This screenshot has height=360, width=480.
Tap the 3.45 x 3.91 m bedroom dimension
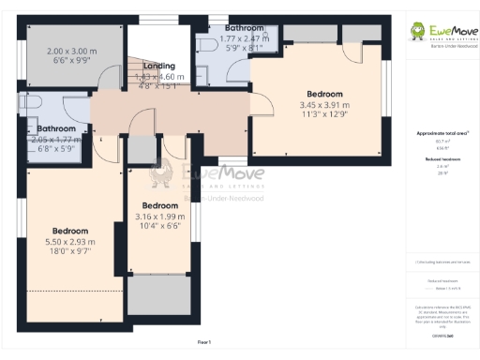[324, 105]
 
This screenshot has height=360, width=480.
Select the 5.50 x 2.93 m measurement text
[70, 241]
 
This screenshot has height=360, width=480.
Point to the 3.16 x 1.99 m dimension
[160, 216]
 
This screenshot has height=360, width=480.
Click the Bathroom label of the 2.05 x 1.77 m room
[55, 129]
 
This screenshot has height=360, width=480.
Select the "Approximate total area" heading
[442, 134]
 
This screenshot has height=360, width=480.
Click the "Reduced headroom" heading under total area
[442, 160]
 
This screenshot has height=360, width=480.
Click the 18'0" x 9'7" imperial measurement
[70, 251]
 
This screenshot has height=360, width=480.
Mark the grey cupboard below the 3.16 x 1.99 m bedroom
[160, 294]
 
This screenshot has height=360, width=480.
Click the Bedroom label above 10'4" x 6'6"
[160, 205]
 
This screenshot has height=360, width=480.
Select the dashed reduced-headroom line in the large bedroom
[70, 291]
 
